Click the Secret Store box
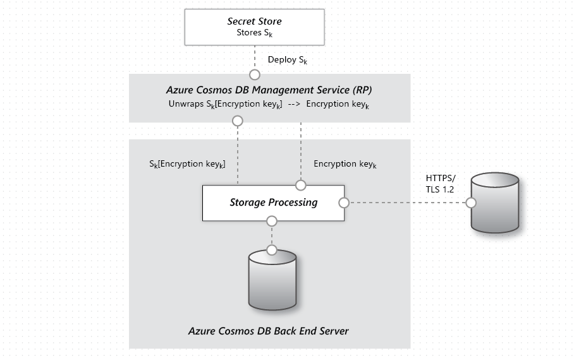tap(254, 27)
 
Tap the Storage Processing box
tap(273, 203)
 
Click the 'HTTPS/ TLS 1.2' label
tap(441, 184)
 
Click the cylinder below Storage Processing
tap(272, 280)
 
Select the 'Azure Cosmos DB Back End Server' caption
tap(269, 331)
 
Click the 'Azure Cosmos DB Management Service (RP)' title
tap(269, 90)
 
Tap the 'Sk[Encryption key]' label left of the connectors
tap(187, 165)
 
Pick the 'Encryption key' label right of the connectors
tap(345, 165)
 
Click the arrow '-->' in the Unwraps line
tap(294, 104)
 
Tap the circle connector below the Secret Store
tap(255, 74)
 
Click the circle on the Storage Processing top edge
tap(301, 185)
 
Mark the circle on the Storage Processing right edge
tap(344, 203)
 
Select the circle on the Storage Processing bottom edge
tap(272, 221)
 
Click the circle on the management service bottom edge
tap(238, 121)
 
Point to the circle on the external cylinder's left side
tap(470, 203)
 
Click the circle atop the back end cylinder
tap(272, 251)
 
